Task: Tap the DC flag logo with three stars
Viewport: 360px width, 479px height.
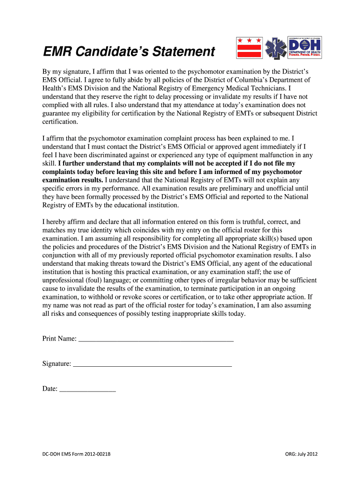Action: click(x=247, y=48)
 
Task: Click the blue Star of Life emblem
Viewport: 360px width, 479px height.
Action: click(x=275, y=48)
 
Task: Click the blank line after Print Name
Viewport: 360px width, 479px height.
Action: click(x=156, y=339)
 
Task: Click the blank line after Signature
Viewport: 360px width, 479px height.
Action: click(x=152, y=363)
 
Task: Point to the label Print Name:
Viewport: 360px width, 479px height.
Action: click(x=59, y=339)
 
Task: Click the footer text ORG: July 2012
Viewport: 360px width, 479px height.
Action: click(x=301, y=454)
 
